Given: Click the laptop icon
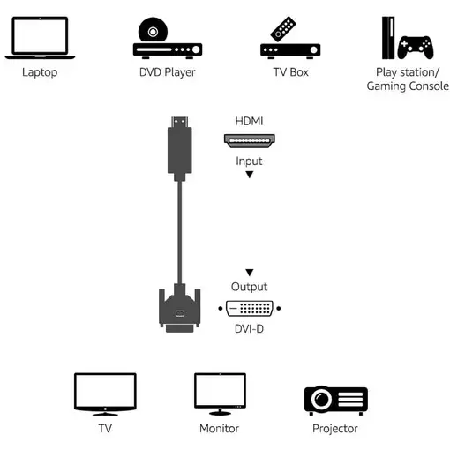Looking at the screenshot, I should point(39,38).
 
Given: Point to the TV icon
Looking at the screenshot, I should point(105,394).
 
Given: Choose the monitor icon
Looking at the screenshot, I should point(219,394).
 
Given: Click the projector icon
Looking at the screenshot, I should point(335,400).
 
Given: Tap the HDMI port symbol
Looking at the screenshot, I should point(249,140).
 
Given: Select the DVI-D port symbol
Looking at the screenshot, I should point(250,309).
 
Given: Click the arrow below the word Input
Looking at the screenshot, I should point(250,175).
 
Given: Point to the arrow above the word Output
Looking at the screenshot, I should point(250,273).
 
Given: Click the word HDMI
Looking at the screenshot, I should point(249,120).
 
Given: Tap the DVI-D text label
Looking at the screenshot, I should point(249,328).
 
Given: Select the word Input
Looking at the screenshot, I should point(249,161).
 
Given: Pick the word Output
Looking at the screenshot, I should point(249,287).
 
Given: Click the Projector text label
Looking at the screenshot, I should point(335,429).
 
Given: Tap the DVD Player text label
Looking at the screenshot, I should point(167,71).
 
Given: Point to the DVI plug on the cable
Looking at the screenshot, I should point(180,309).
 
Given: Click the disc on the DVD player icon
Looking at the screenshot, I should point(154,31).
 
